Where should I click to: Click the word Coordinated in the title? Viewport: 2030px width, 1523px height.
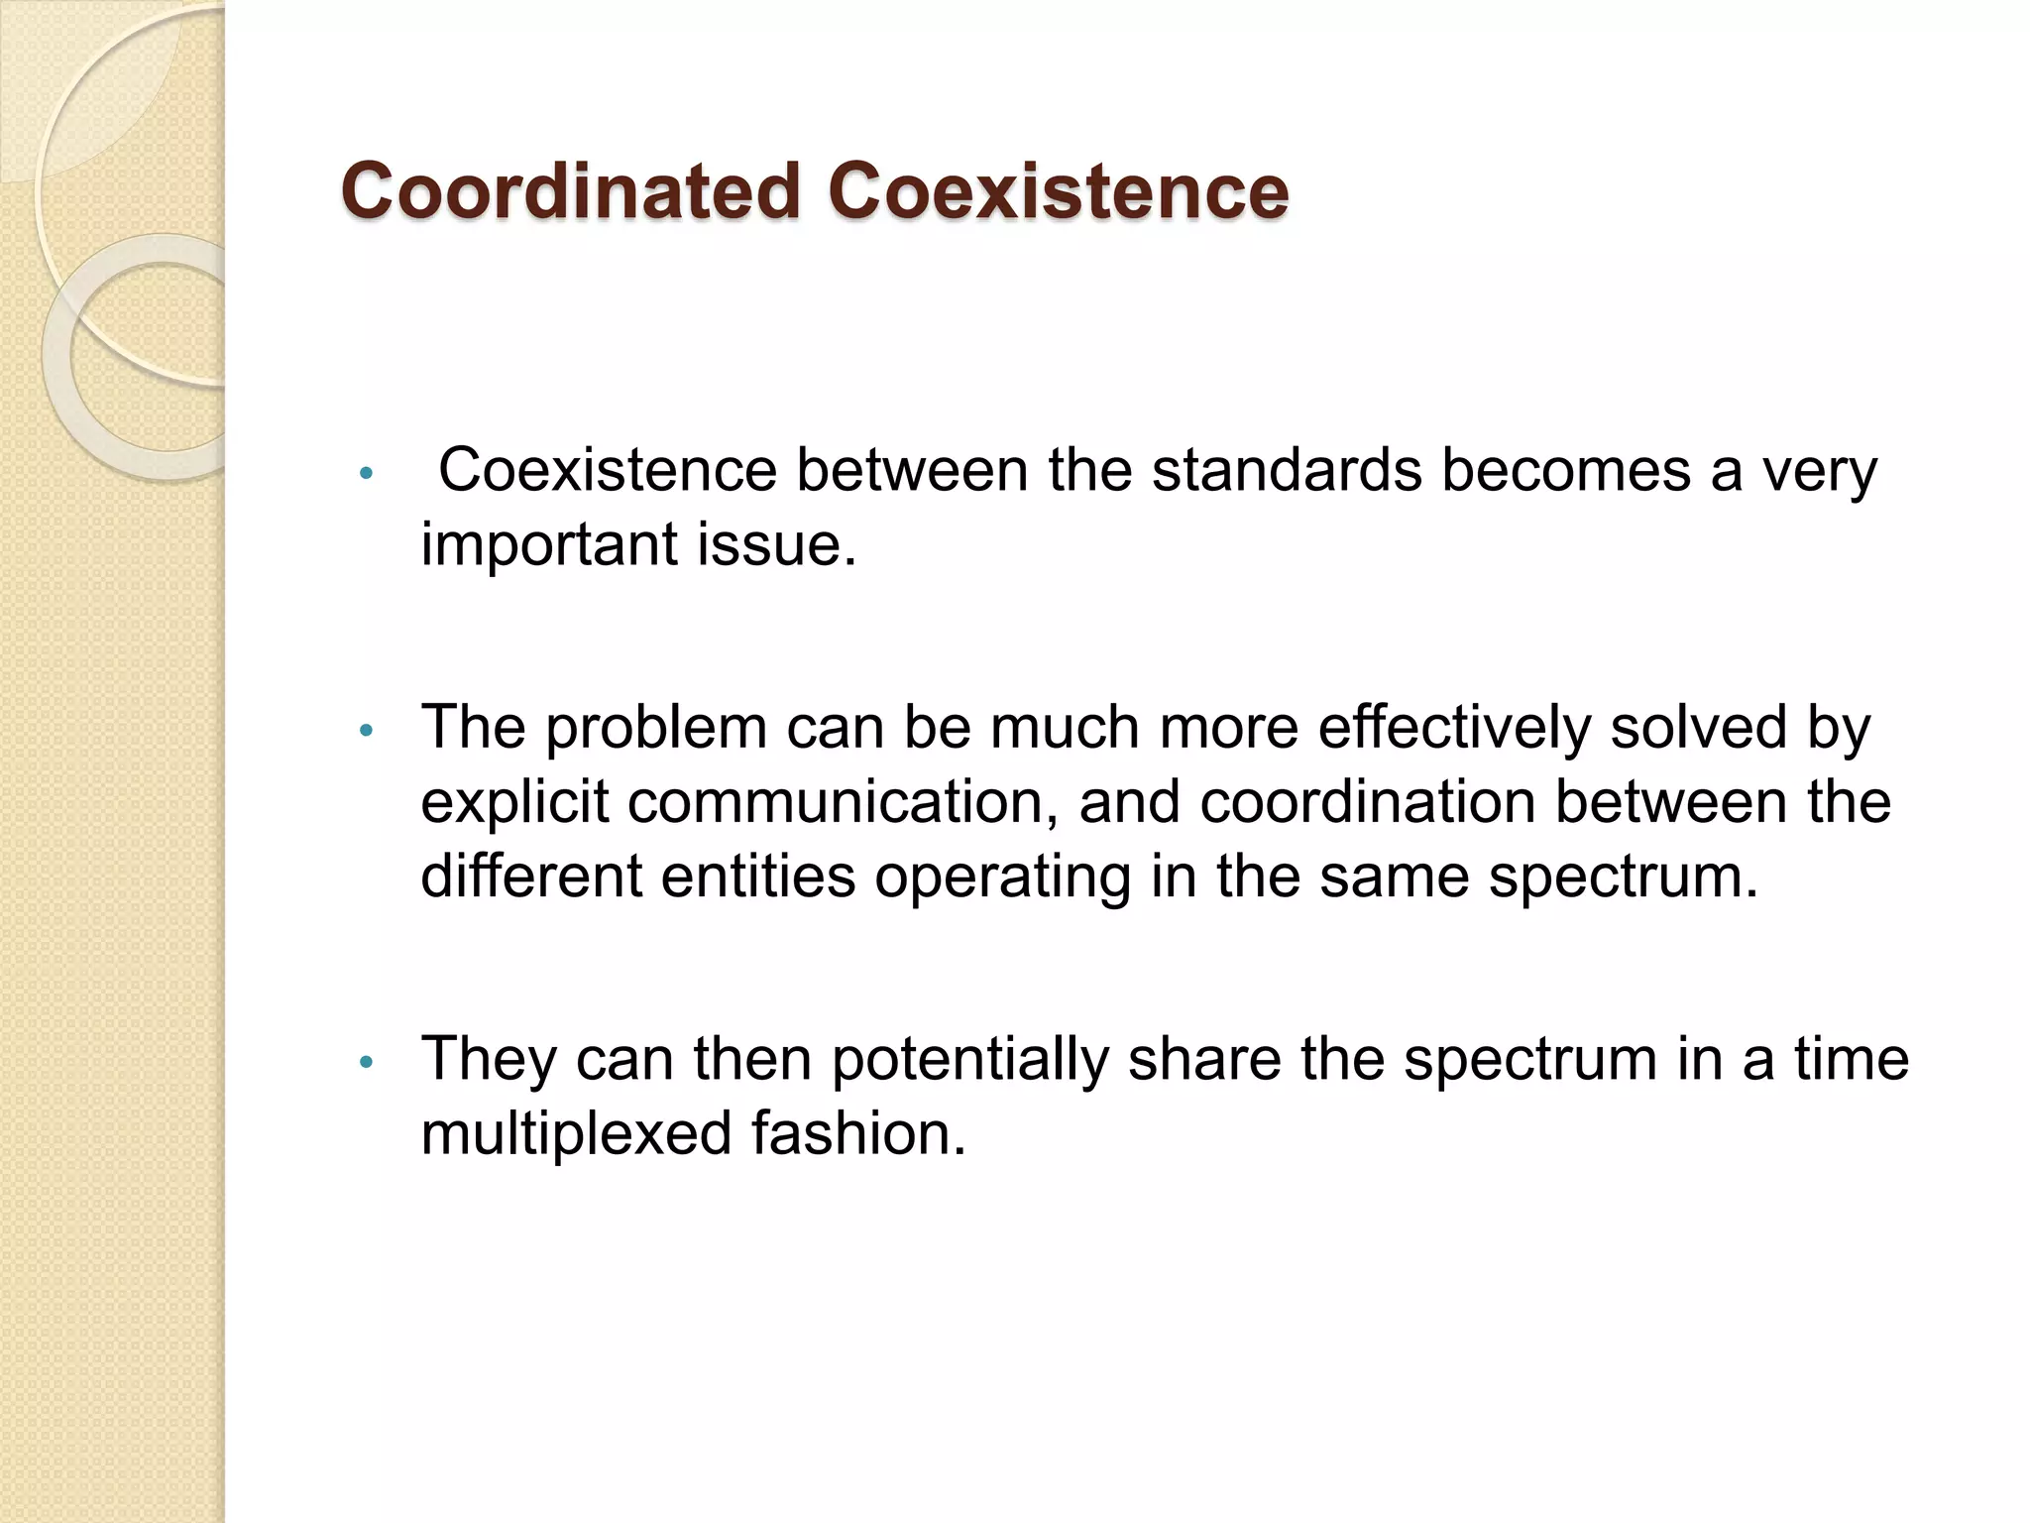[570, 190]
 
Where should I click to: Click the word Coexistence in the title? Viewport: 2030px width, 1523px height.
[1058, 190]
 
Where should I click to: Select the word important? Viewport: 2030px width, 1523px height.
[549, 544]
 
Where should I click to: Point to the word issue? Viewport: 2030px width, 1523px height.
[776, 544]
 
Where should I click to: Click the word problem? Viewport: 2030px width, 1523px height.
[656, 727]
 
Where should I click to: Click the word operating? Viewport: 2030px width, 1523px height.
[1002, 878]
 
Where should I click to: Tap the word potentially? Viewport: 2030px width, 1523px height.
[968, 1060]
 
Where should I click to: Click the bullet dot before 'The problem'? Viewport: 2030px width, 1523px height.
[366, 731]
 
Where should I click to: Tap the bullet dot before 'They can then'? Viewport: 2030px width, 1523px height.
[366, 1062]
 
